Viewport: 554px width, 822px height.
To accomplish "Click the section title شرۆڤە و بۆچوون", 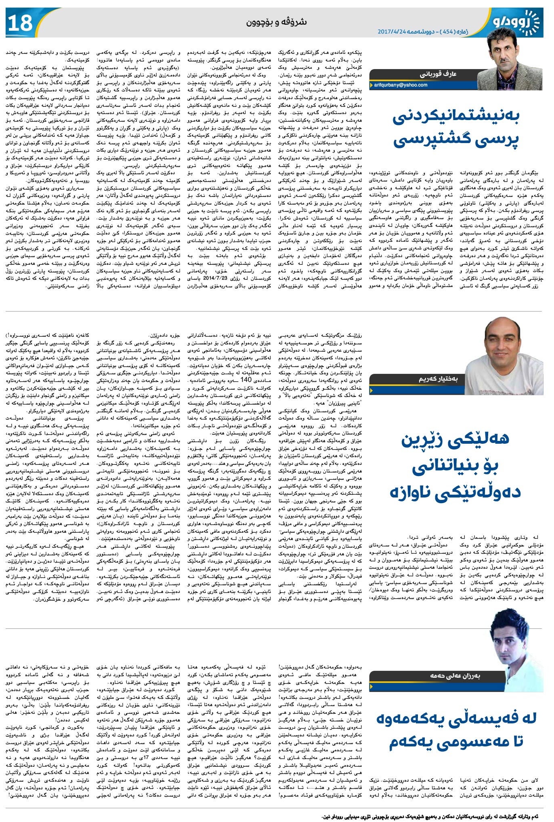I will pos(277,22).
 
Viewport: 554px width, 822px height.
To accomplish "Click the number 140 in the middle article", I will pos(246,379).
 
